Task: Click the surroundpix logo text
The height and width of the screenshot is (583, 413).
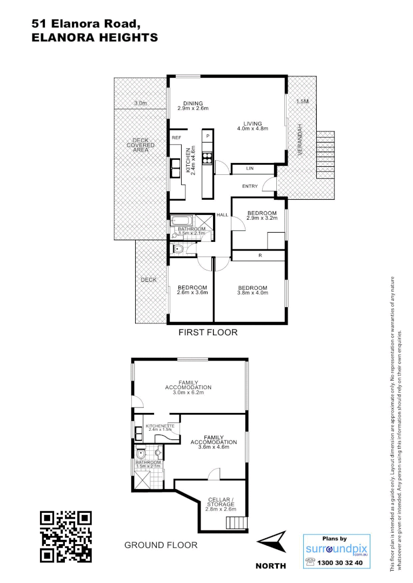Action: coord(336,549)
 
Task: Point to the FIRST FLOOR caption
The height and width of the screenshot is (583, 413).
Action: coord(208,333)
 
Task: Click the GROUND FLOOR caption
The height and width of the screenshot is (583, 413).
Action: coord(161,545)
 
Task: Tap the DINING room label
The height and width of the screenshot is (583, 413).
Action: coord(192,104)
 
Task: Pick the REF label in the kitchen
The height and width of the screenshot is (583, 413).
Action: coord(176,138)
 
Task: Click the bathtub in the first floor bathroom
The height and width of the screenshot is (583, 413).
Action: coord(182,221)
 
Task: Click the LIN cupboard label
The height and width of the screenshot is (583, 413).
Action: coord(250,169)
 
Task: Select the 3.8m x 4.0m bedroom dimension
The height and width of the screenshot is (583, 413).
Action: coord(252,293)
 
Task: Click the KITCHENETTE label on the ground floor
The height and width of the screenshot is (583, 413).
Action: coord(160,426)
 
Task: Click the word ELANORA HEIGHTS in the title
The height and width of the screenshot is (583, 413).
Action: coord(95,37)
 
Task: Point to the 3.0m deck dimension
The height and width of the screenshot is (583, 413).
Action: coord(141,103)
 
